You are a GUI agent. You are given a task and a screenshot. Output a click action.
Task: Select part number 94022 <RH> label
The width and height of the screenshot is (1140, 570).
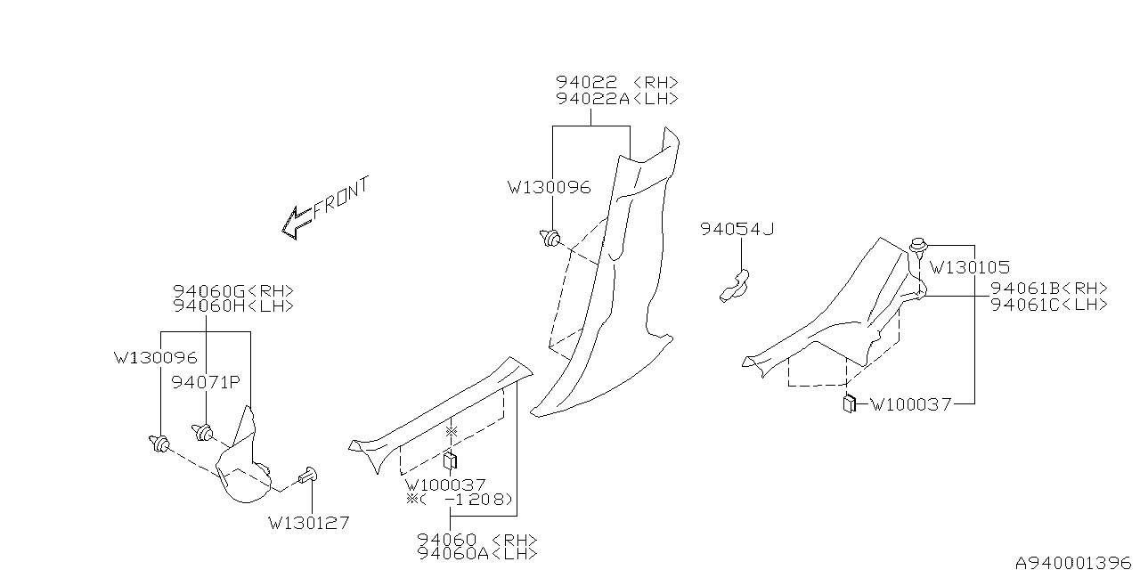coord(617,82)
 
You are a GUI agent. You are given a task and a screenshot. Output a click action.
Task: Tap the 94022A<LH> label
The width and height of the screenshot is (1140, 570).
coord(617,98)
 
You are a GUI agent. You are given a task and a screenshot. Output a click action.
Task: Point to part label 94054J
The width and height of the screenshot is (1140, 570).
coord(737,229)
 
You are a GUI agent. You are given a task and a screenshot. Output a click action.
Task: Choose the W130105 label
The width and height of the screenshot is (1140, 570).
coord(969,266)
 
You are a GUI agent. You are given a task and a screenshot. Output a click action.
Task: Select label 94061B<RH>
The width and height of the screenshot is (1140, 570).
coord(1049,288)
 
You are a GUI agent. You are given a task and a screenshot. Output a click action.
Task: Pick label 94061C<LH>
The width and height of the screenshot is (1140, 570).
coord(1049,304)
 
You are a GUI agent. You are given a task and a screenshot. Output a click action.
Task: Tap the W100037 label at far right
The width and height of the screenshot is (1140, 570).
coord(910,404)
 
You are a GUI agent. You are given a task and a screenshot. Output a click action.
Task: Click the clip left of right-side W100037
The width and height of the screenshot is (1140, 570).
coord(849,403)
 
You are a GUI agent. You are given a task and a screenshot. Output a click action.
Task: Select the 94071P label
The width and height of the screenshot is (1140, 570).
coord(207,382)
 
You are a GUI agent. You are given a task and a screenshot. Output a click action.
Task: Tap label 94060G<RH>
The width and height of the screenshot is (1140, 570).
coord(232,290)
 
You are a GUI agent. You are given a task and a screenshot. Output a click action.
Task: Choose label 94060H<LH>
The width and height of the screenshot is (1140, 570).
coord(232,305)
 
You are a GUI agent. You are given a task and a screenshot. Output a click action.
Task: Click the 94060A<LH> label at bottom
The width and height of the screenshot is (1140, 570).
coord(477,553)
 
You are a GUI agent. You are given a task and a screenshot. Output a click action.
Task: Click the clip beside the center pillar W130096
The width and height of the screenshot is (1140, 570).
coord(551,238)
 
